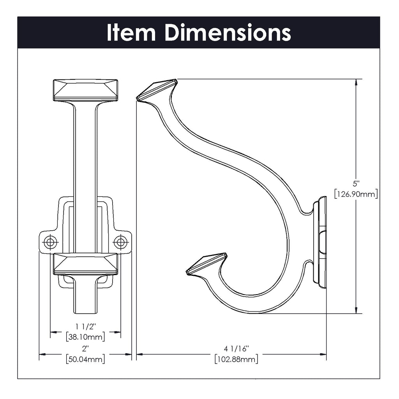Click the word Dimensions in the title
click(x=228, y=33)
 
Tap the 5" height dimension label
click(x=355, y=183)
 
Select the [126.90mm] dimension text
click(x=356, y=194)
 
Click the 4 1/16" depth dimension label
click(x=236, y=348)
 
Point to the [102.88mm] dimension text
click(x=236, y=359)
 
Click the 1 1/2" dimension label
click(x=85, y=326)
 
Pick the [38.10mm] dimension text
click(x=85, y=336)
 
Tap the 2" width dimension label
click(x=85, y=348)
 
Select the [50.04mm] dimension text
click(x=85, y=359)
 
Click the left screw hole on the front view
click(x=50, y=242)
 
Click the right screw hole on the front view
click(x=120, y=242)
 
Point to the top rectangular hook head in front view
click(x=85, y=90)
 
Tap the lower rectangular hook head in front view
click(x=85, y=264)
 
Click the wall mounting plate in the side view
click(x=322, y=242)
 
